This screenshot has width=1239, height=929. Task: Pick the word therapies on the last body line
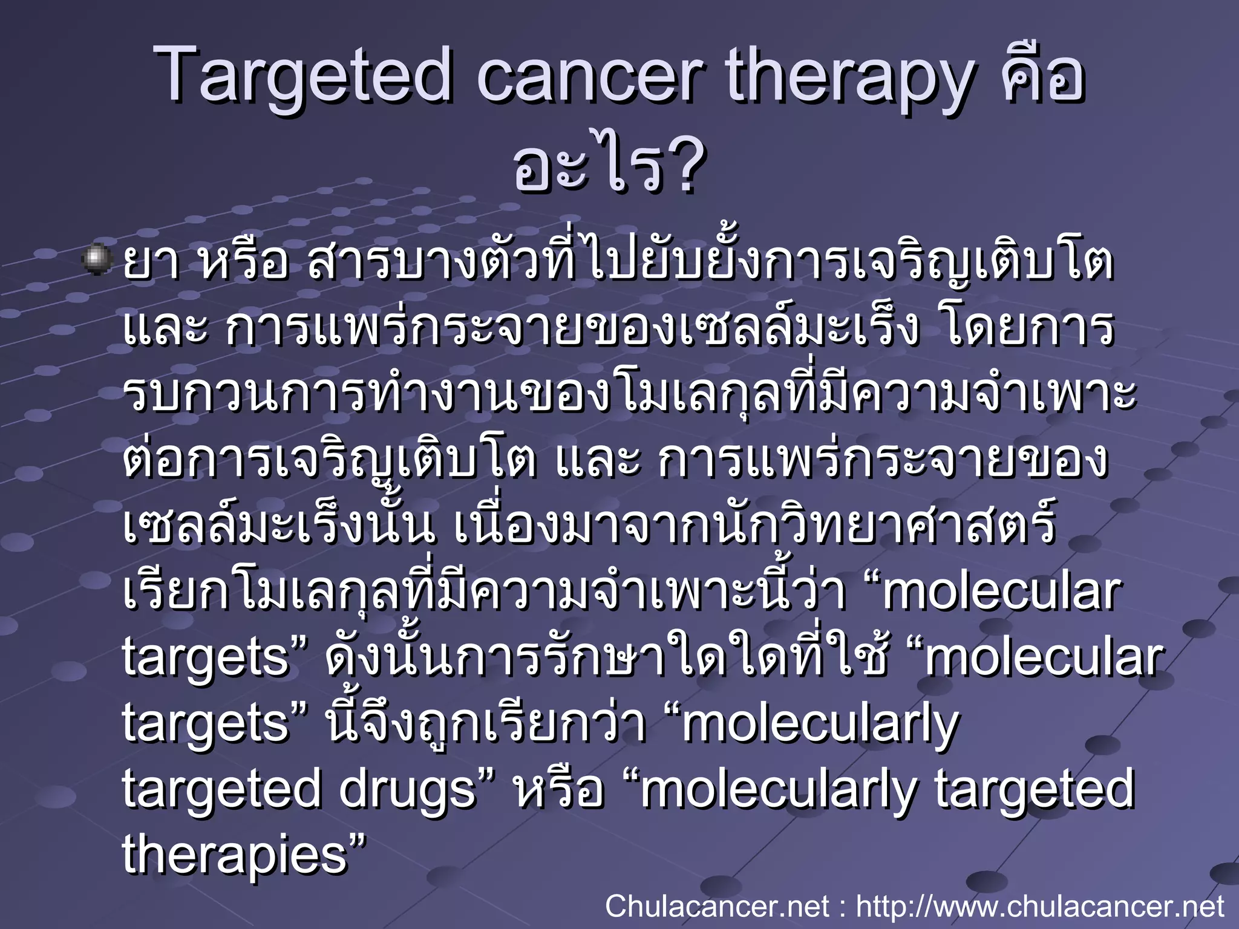pyautogui.click(x=236, y=856)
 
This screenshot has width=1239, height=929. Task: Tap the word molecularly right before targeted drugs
pyautogui.click(x=820, y=725)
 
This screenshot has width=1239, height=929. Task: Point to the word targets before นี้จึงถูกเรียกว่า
pyautogui.click(x=206, y=725)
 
